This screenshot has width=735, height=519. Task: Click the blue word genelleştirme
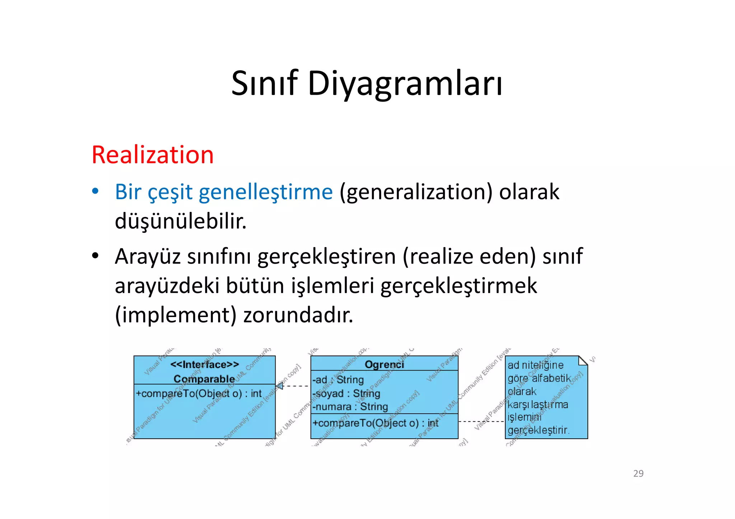266,192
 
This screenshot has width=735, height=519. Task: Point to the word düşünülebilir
181,221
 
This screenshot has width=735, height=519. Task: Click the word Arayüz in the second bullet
148,256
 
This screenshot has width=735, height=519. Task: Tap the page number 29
638,473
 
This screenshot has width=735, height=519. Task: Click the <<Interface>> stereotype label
205,364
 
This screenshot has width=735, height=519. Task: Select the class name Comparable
204,378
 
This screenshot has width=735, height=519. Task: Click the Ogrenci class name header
384,364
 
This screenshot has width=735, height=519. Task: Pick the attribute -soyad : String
346,393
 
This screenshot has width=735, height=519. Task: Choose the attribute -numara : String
350,407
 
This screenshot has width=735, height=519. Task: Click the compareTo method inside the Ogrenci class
375,423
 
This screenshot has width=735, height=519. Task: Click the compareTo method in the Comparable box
198,393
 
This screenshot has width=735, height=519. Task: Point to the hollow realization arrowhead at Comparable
280,386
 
